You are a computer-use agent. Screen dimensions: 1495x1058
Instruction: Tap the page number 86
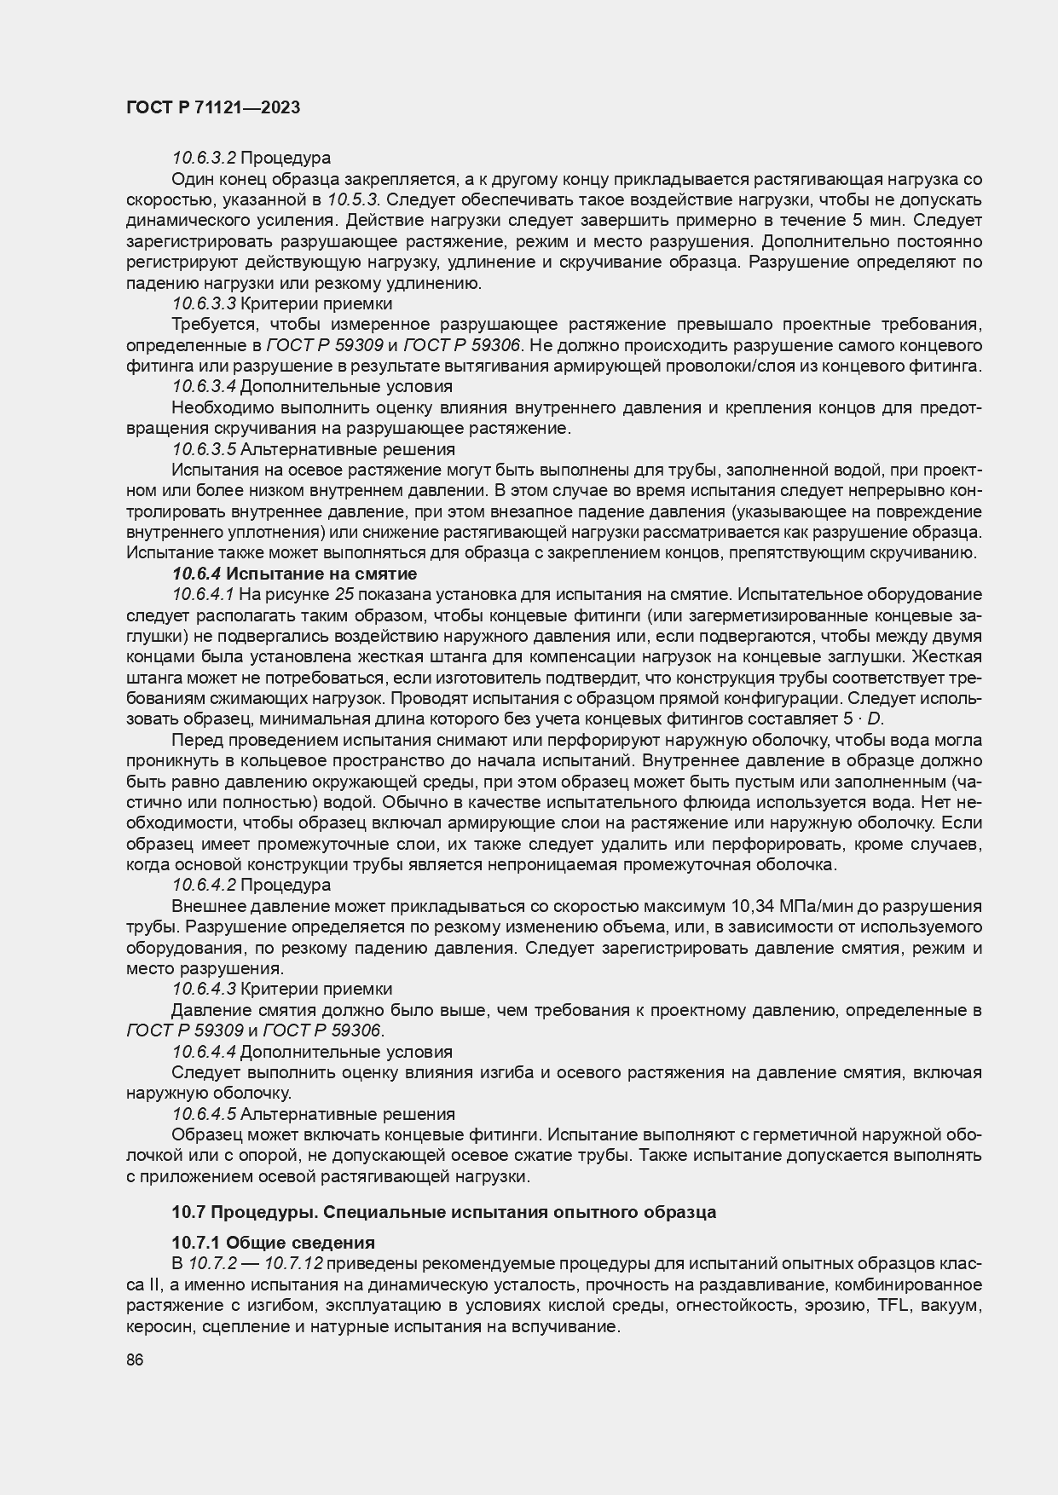(x=135, y=1360)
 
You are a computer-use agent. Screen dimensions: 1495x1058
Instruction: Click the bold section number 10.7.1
(x=197, y=1243)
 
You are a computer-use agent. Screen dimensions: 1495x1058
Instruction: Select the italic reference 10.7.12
(x=293, y=1264)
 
